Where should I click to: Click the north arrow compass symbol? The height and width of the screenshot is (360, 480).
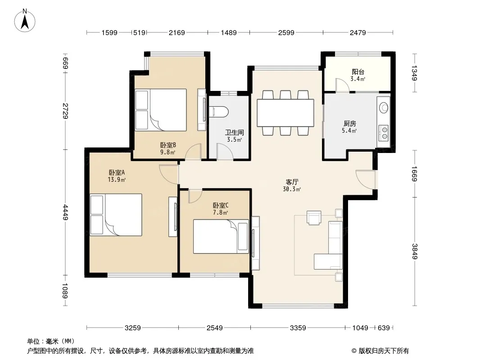[x=25, y=20]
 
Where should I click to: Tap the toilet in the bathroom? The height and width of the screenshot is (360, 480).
[x=218, y=112]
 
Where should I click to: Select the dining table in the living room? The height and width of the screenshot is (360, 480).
[x=285, y=112]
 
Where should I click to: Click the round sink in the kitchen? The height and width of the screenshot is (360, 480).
[x=384, y=108]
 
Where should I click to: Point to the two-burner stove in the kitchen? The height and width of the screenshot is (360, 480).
[x=384, y=133]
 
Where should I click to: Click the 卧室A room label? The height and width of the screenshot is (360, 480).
[x=117, y=172]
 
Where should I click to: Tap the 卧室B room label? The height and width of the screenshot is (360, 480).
[x=168, y=145]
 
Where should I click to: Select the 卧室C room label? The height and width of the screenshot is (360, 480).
[x=221, y=205]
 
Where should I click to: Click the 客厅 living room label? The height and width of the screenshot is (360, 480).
[x=292, y=182]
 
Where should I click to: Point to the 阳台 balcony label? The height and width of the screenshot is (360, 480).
[x=358, y=72]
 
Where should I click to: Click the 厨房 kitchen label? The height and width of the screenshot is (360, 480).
[x=349, y=124]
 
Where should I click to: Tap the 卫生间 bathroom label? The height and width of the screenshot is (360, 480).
[x=235, y=132]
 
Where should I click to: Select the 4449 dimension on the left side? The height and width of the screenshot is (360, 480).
[x=65, y=212]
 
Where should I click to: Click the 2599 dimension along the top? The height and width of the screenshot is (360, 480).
[x=286, y=32]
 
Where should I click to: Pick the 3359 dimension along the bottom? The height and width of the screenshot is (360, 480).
[x=298, y=328]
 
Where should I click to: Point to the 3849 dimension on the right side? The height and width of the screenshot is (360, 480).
[x=415, y=251]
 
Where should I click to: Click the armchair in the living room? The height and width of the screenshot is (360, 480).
[x=314, y=218]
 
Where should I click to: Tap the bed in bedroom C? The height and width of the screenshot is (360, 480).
[x=221, y=236]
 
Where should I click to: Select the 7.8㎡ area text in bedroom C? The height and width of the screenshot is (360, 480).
[x=221, y=212]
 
